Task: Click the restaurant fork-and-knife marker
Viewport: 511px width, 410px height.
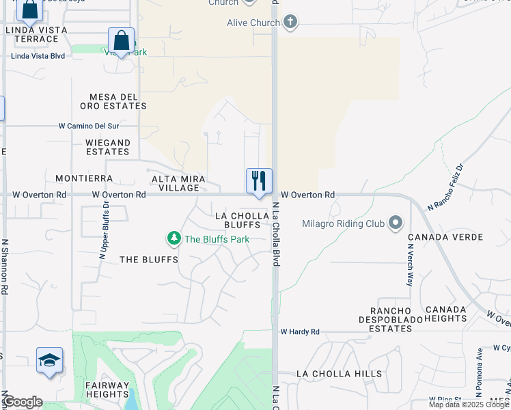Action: coord(259,181)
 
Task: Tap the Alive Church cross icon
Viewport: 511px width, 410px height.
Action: coord(290,22)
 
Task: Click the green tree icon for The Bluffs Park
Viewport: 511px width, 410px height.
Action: coord(174,238)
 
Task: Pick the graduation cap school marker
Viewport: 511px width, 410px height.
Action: coord(50,360)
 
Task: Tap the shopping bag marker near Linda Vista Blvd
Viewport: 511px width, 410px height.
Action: coord(121,40)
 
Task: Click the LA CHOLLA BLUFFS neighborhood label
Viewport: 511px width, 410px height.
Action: coord(237,219)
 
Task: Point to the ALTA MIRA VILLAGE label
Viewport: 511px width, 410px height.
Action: coord(176,183)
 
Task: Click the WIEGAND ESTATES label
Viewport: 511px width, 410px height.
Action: coord(107,147)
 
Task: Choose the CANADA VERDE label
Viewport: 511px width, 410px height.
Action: coord(445,237)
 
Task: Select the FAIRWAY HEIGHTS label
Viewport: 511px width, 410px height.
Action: coord(107,389)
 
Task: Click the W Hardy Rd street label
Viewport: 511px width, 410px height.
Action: coord(300,332)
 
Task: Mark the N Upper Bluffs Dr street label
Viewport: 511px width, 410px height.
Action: coord(104,230)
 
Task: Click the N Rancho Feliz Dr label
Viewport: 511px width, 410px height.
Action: coord(445,186)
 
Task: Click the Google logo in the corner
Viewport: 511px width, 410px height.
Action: coord(23,402)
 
